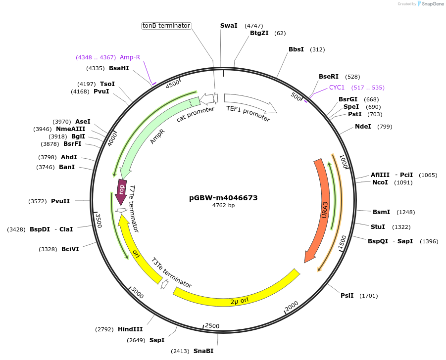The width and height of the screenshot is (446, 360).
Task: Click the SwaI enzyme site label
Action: (x=229, y=26)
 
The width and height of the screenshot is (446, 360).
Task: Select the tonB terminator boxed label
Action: (x=166, y=26)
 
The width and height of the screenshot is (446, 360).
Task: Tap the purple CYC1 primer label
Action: (x=337, y=88)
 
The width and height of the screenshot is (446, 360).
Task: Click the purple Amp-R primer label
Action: (x=130, y=57)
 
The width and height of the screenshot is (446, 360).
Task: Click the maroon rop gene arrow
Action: (x=121, y=192)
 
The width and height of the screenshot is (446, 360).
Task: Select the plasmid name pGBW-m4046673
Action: (x=223, y=197)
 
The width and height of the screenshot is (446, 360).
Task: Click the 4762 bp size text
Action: (x=223, y=205)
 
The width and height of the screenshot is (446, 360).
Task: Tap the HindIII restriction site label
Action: (x=130, y=329)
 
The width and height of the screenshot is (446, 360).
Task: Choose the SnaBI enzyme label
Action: (x=203, y=351)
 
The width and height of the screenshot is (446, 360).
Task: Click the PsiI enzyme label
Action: (x=347, y=296)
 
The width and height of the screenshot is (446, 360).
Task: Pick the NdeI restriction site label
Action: (x=363, y=127)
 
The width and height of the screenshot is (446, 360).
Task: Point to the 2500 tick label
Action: (x=212, y=326)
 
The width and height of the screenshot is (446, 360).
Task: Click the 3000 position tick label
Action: (x=137, y=294)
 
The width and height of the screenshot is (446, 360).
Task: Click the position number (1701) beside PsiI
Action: (x=368, y=296)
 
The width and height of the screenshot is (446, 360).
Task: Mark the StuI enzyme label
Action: (x=378, y=227)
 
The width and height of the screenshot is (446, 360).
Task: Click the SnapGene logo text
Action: (x=433, y=4)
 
